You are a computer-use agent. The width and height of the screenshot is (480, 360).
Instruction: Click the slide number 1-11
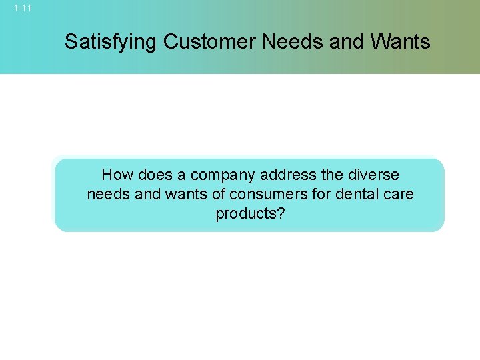pos(22,9)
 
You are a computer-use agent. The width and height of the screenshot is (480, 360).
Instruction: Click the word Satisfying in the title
pos(111,43)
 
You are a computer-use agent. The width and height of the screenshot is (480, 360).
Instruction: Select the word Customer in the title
pos(209,42)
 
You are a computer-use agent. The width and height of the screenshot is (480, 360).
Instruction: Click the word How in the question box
pos(117,175)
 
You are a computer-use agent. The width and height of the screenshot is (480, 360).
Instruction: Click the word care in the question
pos(399,195)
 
